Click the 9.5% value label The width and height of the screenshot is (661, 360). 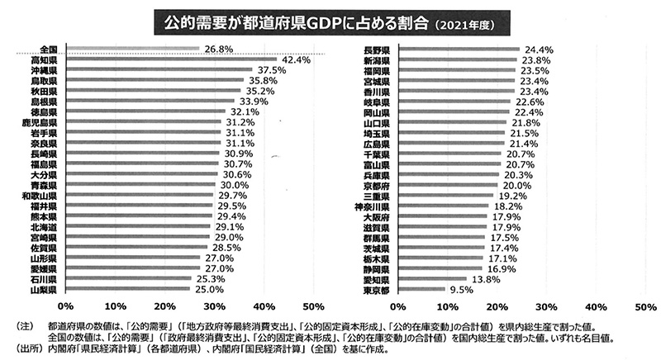click(x=459, y=291)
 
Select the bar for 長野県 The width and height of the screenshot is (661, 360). click(x=459, y=50)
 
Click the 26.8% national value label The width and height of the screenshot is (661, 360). click(x=217, y=49)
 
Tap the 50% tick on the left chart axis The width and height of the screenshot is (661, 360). click(x=314, y=306)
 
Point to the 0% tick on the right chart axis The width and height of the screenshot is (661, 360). click(x=398, y=306)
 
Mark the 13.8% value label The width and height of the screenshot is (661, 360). click(x=485, y=279)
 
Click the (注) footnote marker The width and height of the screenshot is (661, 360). click(x=17, y=324)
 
